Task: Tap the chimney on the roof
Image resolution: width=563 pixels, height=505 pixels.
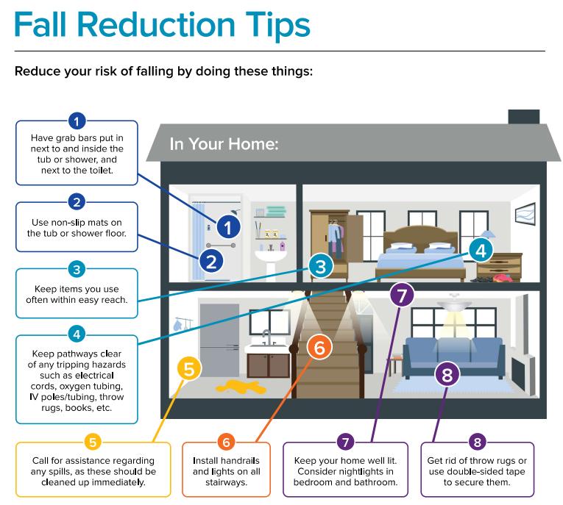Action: tap(523, 118)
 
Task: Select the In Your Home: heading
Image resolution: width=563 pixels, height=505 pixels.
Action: tap(224, 143)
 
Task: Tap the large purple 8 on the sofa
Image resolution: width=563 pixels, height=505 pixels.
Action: tap(447, 374)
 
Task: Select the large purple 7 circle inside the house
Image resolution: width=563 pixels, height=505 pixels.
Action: tap(401, 296)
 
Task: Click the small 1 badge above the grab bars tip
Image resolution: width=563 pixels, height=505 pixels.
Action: tap(76, 120)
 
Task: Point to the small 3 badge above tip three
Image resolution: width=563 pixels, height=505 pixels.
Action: tap(76, 268)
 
